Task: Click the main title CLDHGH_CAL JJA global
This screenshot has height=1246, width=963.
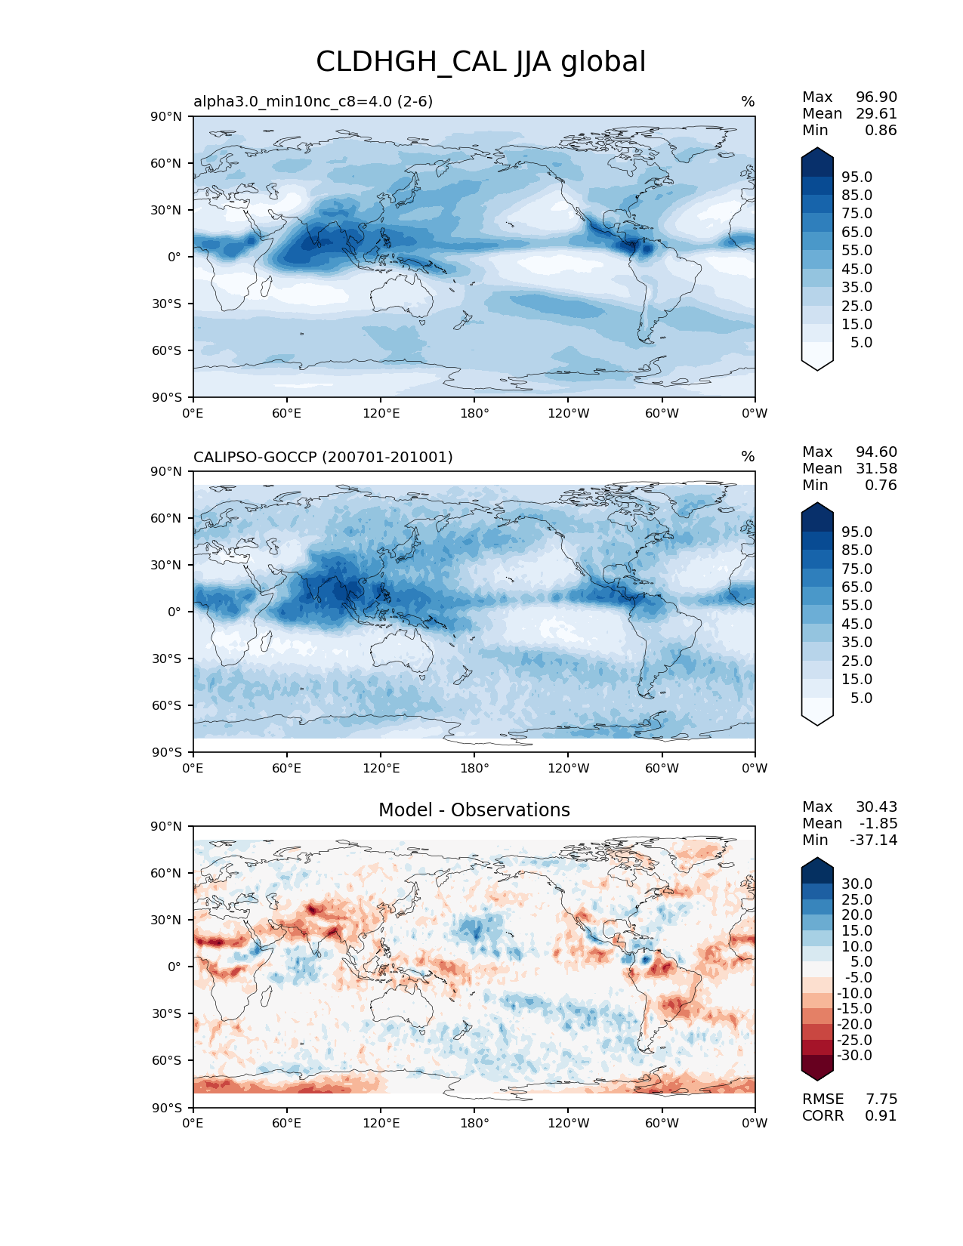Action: tap(480, 62)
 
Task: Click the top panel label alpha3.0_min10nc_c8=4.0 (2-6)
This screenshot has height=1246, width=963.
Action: tap(313, 101)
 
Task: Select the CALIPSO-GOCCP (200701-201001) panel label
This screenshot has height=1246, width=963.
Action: tap(323, 457)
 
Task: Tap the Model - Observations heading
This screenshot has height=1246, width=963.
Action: tap(474, 810)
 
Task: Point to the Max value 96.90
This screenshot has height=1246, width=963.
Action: tap(876, 97)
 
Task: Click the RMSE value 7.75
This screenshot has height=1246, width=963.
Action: tap(881, 1100)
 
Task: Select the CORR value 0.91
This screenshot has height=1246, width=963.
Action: tap(881, 1116)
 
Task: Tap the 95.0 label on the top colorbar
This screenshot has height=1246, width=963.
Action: tap(857, 177)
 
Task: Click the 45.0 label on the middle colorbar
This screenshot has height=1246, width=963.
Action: tap(857, 625)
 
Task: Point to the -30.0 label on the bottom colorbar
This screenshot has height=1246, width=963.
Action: tap(854, 1056)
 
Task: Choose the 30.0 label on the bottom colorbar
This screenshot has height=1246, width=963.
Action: tap(857, 884)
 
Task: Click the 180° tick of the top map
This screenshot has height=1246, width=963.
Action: tap(474, 414)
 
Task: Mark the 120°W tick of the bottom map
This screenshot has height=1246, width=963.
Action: tap(568, 1124)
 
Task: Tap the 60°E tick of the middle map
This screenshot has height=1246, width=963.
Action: tap(287, 769)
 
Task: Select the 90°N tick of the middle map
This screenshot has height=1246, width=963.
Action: tap(167, 472)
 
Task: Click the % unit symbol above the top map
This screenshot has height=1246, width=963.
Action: tap(748, 102)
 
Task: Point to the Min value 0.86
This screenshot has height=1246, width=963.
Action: tap(881, 131)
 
